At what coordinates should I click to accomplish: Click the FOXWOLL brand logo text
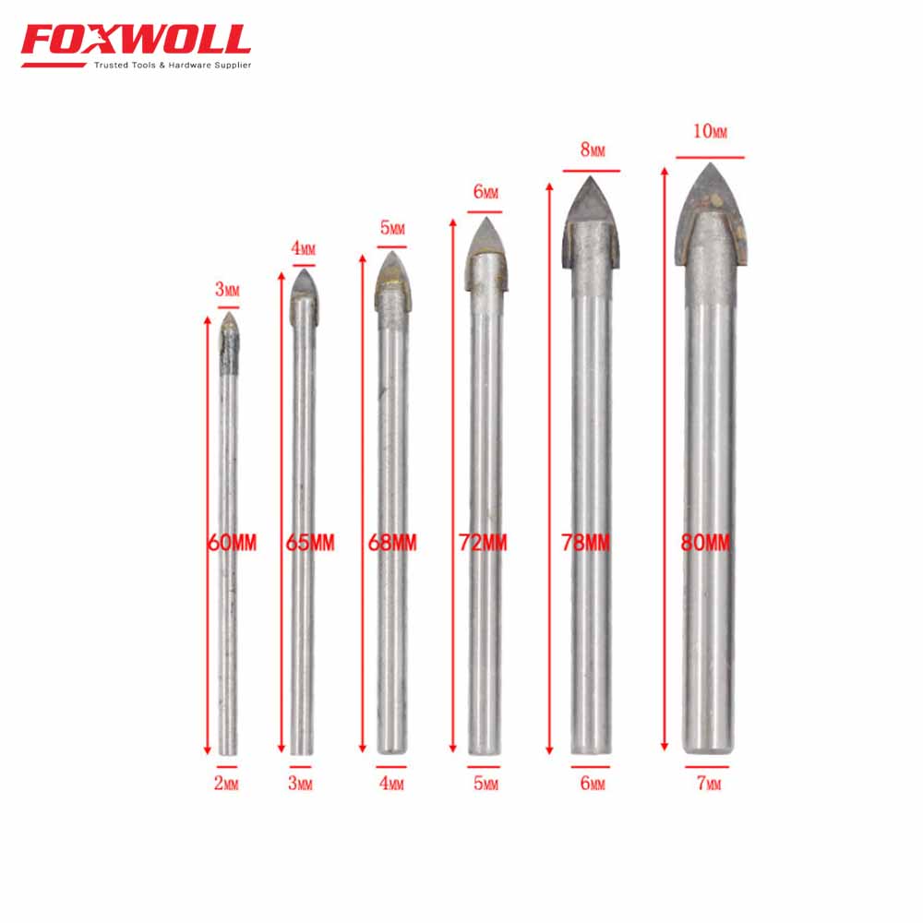click(135, 40)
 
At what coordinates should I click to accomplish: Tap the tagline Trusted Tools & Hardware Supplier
click(172, 66)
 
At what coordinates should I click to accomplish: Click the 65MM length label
click(310, 543)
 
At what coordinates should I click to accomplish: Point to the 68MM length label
click(391, 543)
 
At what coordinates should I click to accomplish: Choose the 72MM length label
click(483, 543)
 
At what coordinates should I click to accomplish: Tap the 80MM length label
click(705, 543)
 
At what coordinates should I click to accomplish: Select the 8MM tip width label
click(593, 149)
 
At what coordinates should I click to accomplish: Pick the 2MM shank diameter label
click(226, 785)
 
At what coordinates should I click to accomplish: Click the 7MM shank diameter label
click(708, 785)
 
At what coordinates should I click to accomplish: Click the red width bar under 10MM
click(709, 157)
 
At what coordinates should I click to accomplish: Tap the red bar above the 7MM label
click(707, 766)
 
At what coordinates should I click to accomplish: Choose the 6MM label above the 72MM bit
click(485, 192)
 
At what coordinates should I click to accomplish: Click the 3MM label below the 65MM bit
click(301, 785)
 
